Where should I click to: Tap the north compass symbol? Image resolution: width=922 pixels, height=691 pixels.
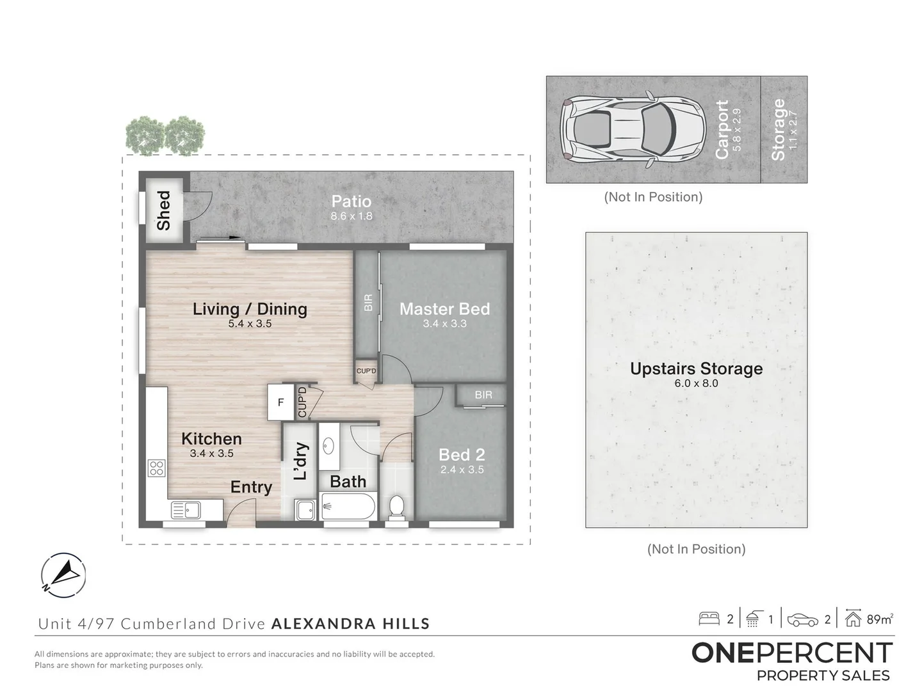(x=63, y=574)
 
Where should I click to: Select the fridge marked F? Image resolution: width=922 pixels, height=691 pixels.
(x=280, y=402)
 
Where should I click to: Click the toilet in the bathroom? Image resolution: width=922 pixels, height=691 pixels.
(x=397, y=507)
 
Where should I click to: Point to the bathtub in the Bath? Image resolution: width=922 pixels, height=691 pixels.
(x=348, y=509)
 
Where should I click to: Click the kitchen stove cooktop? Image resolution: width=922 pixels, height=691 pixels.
(x=156, y=468)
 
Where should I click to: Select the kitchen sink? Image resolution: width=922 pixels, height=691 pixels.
(x=186, y=510)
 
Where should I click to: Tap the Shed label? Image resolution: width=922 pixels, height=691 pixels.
(x=164, y=210)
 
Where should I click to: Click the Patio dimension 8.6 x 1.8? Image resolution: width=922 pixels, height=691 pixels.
(x=351, y=216)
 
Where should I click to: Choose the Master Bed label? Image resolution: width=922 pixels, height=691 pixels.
(x=444, y=309)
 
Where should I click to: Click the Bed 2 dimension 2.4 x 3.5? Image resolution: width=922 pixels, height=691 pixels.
(x=462, y=470)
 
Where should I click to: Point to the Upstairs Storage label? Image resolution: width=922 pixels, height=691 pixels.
(x=696, y=369)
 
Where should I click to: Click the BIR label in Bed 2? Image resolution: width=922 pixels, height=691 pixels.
(x=483, y=395)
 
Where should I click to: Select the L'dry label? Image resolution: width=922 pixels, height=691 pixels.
(x=300, y=461)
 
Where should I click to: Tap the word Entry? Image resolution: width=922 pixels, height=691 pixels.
(x=251, y=487)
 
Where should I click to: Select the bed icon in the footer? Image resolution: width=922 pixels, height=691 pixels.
(x=709, y=619)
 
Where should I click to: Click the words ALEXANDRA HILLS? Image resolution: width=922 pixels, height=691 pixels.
(x=350, y=624)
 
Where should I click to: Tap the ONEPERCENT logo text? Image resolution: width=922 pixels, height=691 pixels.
(x=792, y=653)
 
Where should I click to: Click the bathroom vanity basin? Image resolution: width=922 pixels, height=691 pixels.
(x=328, y=445)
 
